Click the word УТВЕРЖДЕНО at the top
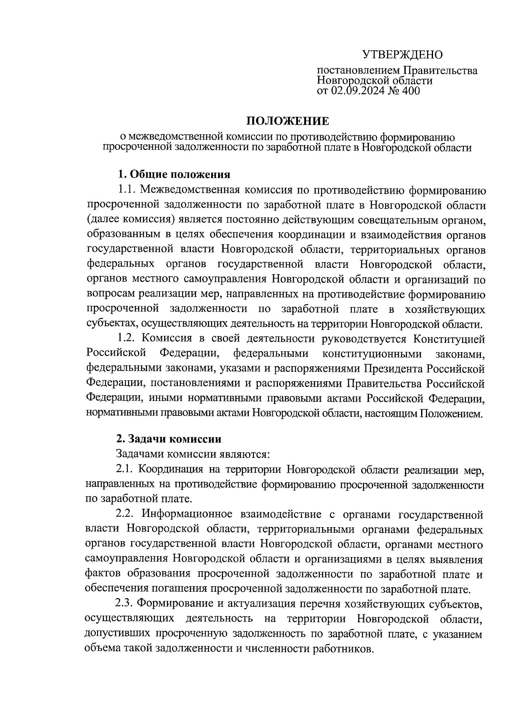[x=402, y=55]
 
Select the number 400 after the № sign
[x=410, y=91]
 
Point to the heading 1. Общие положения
[x=174, y=174]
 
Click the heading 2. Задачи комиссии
[x=169, y=439]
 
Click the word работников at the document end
[x=343, y=648]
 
